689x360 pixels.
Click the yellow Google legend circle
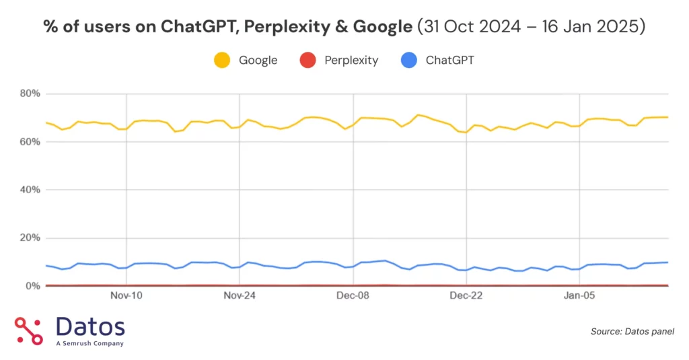pyautogui.click(x=222, y=61)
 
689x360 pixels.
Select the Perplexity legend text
pyautogui.click(x=351, y=61)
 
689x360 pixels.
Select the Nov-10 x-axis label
pyautogui.click(x=126, y=295)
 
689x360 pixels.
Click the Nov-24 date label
pyautogui.click(x=240, y=295)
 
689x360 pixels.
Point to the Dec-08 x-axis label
pyautogui.click(x=354, y=295)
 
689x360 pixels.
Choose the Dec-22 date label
pyautogui.click(x=467, y=295)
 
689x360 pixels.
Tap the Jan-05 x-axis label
pyautogui.click(x=580, y=295)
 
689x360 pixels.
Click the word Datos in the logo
pyautogui.click(x=90, y=327)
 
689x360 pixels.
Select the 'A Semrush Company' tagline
pyautogui.click(x=89, y=344)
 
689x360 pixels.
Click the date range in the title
pyautogui.click(x=532, y=26)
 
